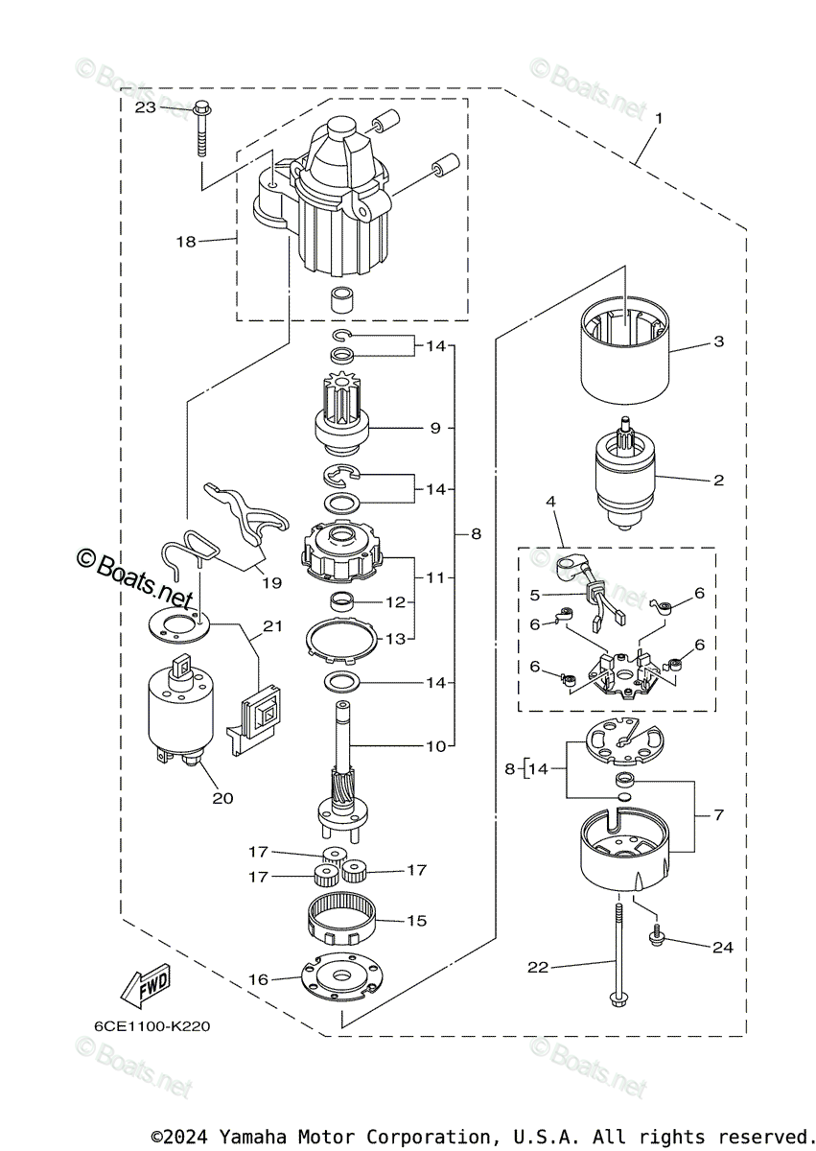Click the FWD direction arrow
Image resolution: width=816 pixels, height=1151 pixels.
pyautogui.click(x=145, y=987)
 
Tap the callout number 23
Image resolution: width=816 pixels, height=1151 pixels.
pyautogui.click(x=146, y=107)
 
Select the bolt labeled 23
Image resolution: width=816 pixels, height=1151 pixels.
pyautogui.click(x=202, y=129)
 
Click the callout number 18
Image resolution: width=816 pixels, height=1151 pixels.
pyautogui.click(x=186, y=242)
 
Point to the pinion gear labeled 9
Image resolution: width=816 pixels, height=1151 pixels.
pyautogui.click(x=341, y=413)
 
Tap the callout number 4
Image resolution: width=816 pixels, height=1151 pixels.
pyautogui.click(x=550, y=502)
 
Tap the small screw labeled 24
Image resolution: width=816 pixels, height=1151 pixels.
pyautogui.click(x=656, y=940)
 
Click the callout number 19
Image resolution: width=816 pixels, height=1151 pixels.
pyautogui.click(x=271, y=583)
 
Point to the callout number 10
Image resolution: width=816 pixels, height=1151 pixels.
pyautogui.click(x=436, y=746)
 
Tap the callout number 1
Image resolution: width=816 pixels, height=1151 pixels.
pyautogui.click(x=659, y=118)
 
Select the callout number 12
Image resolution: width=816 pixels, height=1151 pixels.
pyautogui.click(x=395, y=601)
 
